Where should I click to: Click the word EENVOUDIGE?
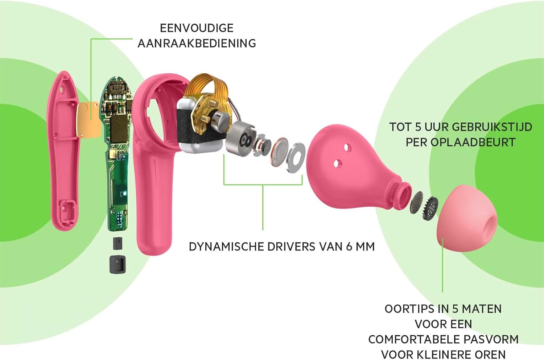pyautogui.click(x=197, y=28)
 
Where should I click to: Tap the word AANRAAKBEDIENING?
pyautogui.click(x=197, y=44)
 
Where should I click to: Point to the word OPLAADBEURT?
pyautogui.click(x=473, y=142)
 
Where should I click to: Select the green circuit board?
pyautogui.click(x=116, y=153)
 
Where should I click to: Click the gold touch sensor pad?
pyautogui.click(x=88, y=120)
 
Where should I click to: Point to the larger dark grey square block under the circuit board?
pyautogui.click(x=118, y=264)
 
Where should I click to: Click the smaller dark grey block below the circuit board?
pyautogui.click(x=117, y=243)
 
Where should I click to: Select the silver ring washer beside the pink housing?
pyautogui.click(x=295, y=158)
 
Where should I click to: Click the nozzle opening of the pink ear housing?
pyautogui.click(x=404, y=195)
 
